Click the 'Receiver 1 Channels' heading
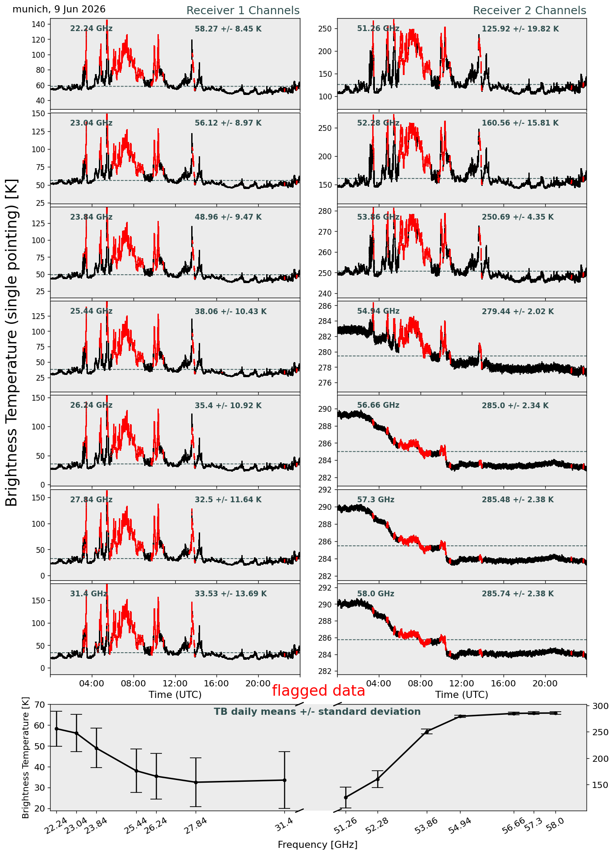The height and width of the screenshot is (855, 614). [243, 11]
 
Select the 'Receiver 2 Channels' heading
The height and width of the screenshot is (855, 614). [529, 11]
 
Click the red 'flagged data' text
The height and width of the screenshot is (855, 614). [319, 691]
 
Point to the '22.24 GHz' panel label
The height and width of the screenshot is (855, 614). [91, 29]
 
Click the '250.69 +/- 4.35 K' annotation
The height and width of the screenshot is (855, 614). [518, 217]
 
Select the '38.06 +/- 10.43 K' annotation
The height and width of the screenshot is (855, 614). [231, 311]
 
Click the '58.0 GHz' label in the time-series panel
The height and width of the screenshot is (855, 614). [376, 594]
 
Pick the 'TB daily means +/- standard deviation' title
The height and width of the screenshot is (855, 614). [317, 712]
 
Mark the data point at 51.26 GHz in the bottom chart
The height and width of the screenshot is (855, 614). [346, 797]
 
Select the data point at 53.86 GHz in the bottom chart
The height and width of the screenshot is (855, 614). [427, 732]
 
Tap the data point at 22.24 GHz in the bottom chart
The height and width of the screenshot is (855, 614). [56, 729]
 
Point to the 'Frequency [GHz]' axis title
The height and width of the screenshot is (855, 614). [318, 844]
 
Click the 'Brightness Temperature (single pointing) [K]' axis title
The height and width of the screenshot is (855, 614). [12, 343]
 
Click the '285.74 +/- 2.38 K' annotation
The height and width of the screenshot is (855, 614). [518, 594]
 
